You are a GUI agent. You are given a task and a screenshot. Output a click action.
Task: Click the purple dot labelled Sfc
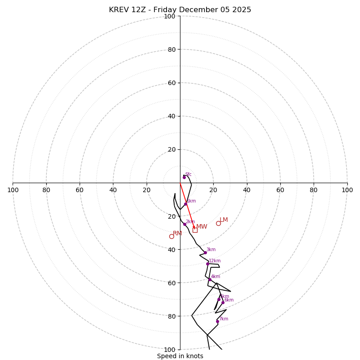pos(184,177)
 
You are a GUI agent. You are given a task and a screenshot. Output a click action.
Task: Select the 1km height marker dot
pos(185,204)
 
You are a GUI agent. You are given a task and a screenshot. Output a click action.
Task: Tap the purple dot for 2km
pos(184,224)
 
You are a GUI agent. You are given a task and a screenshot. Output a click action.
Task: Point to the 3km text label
pos(211,250)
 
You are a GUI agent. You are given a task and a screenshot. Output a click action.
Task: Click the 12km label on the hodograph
pos(215,261)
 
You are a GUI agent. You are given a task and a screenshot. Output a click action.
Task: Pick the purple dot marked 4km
pos(210,279)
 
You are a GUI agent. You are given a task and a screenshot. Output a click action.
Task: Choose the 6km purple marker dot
pos(223,302)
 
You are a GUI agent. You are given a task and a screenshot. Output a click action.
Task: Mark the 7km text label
pos(224,319)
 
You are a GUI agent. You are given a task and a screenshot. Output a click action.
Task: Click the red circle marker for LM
pos(218,223)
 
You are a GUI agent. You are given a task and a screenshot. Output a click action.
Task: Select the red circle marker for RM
pos(171,236)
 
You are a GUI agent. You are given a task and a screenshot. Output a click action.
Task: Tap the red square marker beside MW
pos(195,230)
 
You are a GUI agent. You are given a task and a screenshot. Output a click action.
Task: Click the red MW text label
pos(202,227)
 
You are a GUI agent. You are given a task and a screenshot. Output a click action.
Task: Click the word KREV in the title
pos(119,10)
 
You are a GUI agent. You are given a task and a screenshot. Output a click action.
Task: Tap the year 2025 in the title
pos(241,10)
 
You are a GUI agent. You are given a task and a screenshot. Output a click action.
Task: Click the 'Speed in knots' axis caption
pos(180,356)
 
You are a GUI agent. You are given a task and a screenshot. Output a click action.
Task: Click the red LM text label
pos(224,220)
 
